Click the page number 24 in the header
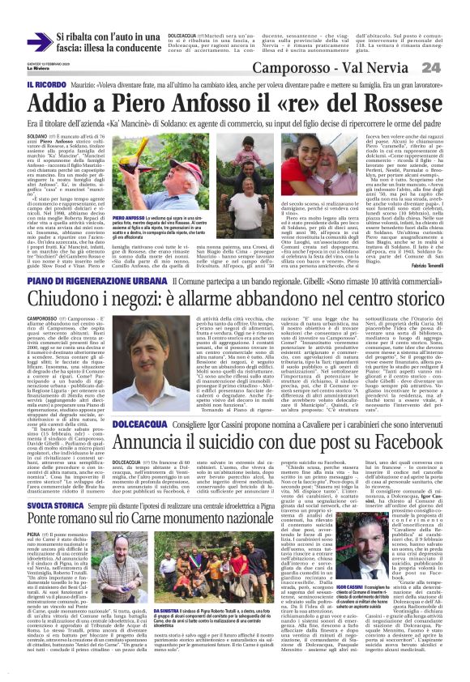click(x=452, y=69)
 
